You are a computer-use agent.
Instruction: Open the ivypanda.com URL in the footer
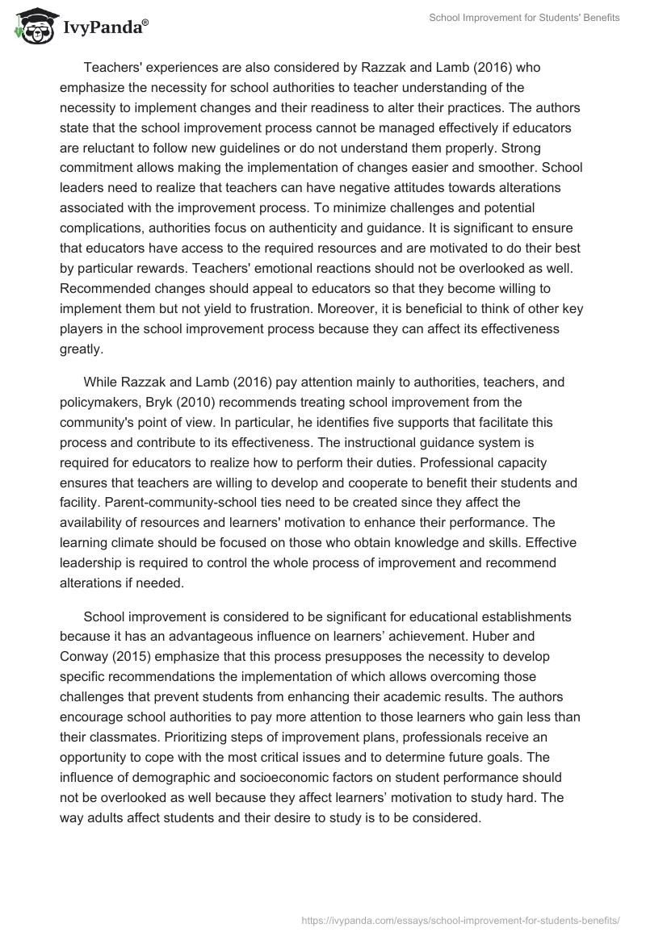click(x=460, y=919)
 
